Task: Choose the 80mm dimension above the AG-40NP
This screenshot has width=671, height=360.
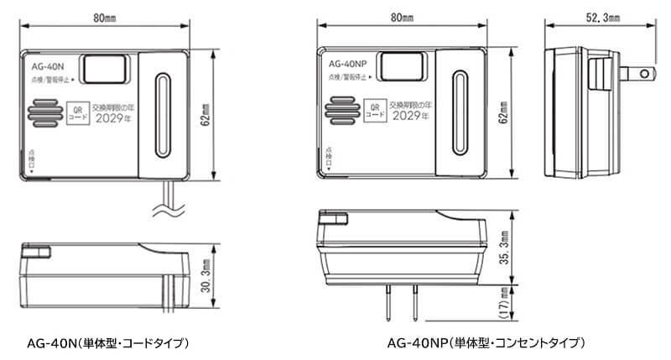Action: pos(411,16)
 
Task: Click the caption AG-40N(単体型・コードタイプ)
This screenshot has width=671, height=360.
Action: pos(107,342)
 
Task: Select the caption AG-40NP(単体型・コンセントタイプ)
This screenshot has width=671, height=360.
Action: pos(485,342)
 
